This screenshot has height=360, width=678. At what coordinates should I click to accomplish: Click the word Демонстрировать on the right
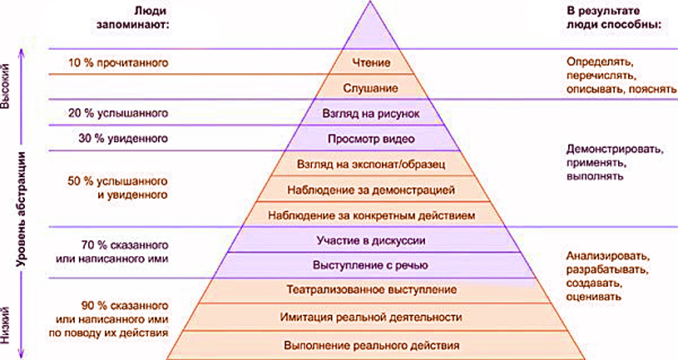point(615,150)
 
